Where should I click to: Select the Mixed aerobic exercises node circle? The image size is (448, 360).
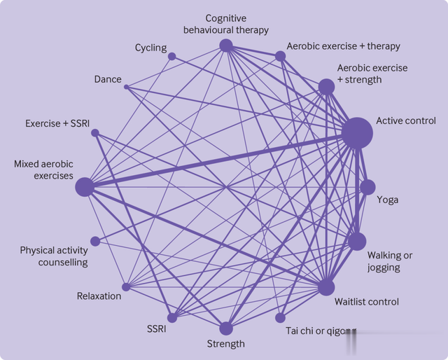(85, 187)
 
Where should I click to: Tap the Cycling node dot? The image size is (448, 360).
(171, 56)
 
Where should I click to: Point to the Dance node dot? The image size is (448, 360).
(127, 87)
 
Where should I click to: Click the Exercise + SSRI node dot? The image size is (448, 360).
(94, 132)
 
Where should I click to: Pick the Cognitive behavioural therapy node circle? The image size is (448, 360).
(225, 46)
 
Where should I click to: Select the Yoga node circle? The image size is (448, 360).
(367, 187)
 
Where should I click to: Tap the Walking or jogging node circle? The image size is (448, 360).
(357, 242)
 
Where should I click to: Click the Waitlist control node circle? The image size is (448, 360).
(326, 287)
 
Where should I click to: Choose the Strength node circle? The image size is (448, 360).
(225, 328)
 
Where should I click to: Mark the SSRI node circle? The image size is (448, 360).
(171, 317)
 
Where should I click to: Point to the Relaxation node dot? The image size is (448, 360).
(126, 286)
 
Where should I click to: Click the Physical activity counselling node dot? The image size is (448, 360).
(95, 241)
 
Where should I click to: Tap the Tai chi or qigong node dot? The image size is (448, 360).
(281, 317)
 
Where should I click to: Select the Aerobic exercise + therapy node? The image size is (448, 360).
(281, 56)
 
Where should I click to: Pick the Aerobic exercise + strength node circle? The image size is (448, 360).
(326, 87)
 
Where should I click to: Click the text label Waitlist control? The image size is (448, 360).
(367, 302)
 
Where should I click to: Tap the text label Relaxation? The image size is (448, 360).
(99, 296)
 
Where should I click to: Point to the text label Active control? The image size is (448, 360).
(406, 121)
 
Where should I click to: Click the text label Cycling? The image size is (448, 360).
(150, 48)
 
